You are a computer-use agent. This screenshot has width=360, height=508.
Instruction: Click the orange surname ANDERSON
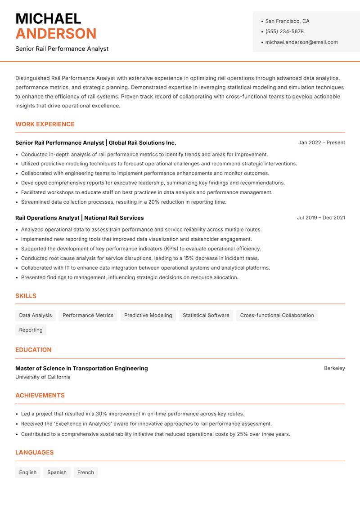(x=56, y=34)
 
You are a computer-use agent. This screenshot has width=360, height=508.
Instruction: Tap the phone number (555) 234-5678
(x=284, y=31)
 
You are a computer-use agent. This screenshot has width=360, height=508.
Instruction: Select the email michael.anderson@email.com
(x=301, y=42)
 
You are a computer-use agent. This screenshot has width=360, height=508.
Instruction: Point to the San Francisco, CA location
(x=287, y=21)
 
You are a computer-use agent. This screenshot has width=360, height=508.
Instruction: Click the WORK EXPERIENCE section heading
(x=45, y=124)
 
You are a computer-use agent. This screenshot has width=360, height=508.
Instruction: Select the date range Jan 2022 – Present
(x=321, y=143)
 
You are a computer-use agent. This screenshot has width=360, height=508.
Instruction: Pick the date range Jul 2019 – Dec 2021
(x=321, y=218)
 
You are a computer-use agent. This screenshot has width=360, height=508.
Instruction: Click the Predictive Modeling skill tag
(x=148, y=316)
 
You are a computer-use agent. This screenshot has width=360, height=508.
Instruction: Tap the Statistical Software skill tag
(x=206, y=316)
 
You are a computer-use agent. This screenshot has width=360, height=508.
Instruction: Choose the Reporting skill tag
(x=31, y=330)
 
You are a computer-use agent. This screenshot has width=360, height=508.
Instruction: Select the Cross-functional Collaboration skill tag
(x=277, y=316)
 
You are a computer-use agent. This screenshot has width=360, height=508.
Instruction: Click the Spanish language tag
(x=57, y=472)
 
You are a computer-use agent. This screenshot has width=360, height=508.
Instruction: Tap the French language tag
(x=85, y=472)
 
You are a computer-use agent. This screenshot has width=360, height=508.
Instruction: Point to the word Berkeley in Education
(x=334, y=368)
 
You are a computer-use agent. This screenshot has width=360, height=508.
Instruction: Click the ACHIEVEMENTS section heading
(x=40, y=396)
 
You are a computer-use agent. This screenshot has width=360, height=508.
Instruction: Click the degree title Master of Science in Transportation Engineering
(x=81, y=368)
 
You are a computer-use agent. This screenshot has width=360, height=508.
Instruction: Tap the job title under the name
(x=62, y=49)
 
